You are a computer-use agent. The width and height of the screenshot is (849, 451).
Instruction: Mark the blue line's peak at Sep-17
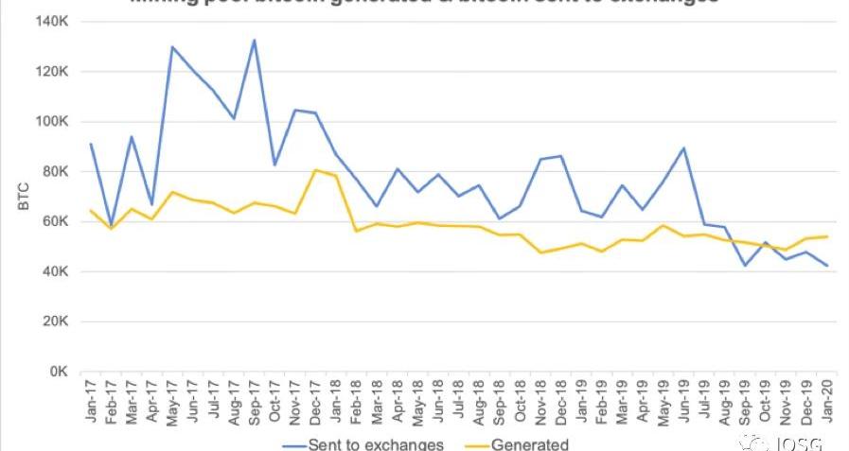pos(255,40)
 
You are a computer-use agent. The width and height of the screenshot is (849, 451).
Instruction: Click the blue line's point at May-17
pos(172,46)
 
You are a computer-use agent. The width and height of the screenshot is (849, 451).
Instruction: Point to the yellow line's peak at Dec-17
pos(315,170)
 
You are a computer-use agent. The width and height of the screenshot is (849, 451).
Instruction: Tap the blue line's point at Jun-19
pos(684,147)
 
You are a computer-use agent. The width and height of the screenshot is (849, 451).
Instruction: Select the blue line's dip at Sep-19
pos(746,266)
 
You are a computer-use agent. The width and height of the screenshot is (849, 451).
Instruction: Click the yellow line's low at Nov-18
pos(541,252)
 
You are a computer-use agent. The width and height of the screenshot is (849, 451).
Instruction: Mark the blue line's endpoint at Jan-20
pos(828,266)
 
